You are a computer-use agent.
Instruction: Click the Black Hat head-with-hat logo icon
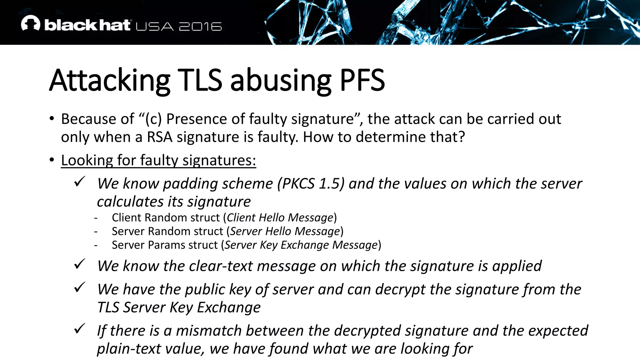click(x=31, y=23)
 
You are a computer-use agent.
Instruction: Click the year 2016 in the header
click(x=200, y=27)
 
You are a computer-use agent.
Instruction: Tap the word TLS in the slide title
click(x=200, y=80)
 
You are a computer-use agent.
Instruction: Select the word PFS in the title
click(x=362, y=80)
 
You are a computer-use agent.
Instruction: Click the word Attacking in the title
click(x=110, y=80)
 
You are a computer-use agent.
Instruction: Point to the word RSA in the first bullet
click(x=159, y=137)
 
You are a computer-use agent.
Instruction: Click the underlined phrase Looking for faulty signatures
click(x=158, y=161)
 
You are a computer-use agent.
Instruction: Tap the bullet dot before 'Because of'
click(x=52, y=119)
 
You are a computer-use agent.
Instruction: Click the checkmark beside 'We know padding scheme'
click(x=80, y=181)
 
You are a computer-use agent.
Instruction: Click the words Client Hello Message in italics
click(x=280, y=217)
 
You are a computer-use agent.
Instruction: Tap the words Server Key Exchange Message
click(x=301, y=245)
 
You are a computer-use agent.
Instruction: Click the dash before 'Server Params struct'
click(x=96, y=245)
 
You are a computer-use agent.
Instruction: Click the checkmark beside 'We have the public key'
click(x=80, y=287)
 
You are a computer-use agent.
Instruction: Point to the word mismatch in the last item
click(x=208, y=331)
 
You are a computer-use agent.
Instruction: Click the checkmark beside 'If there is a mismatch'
click(x=80, y=328)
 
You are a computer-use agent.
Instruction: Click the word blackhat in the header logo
click(x=87, y=25)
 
